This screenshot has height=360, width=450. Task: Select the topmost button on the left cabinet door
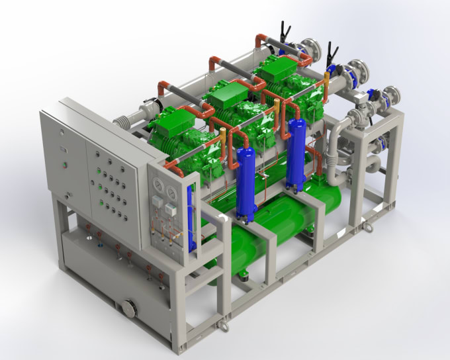point(61,132)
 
